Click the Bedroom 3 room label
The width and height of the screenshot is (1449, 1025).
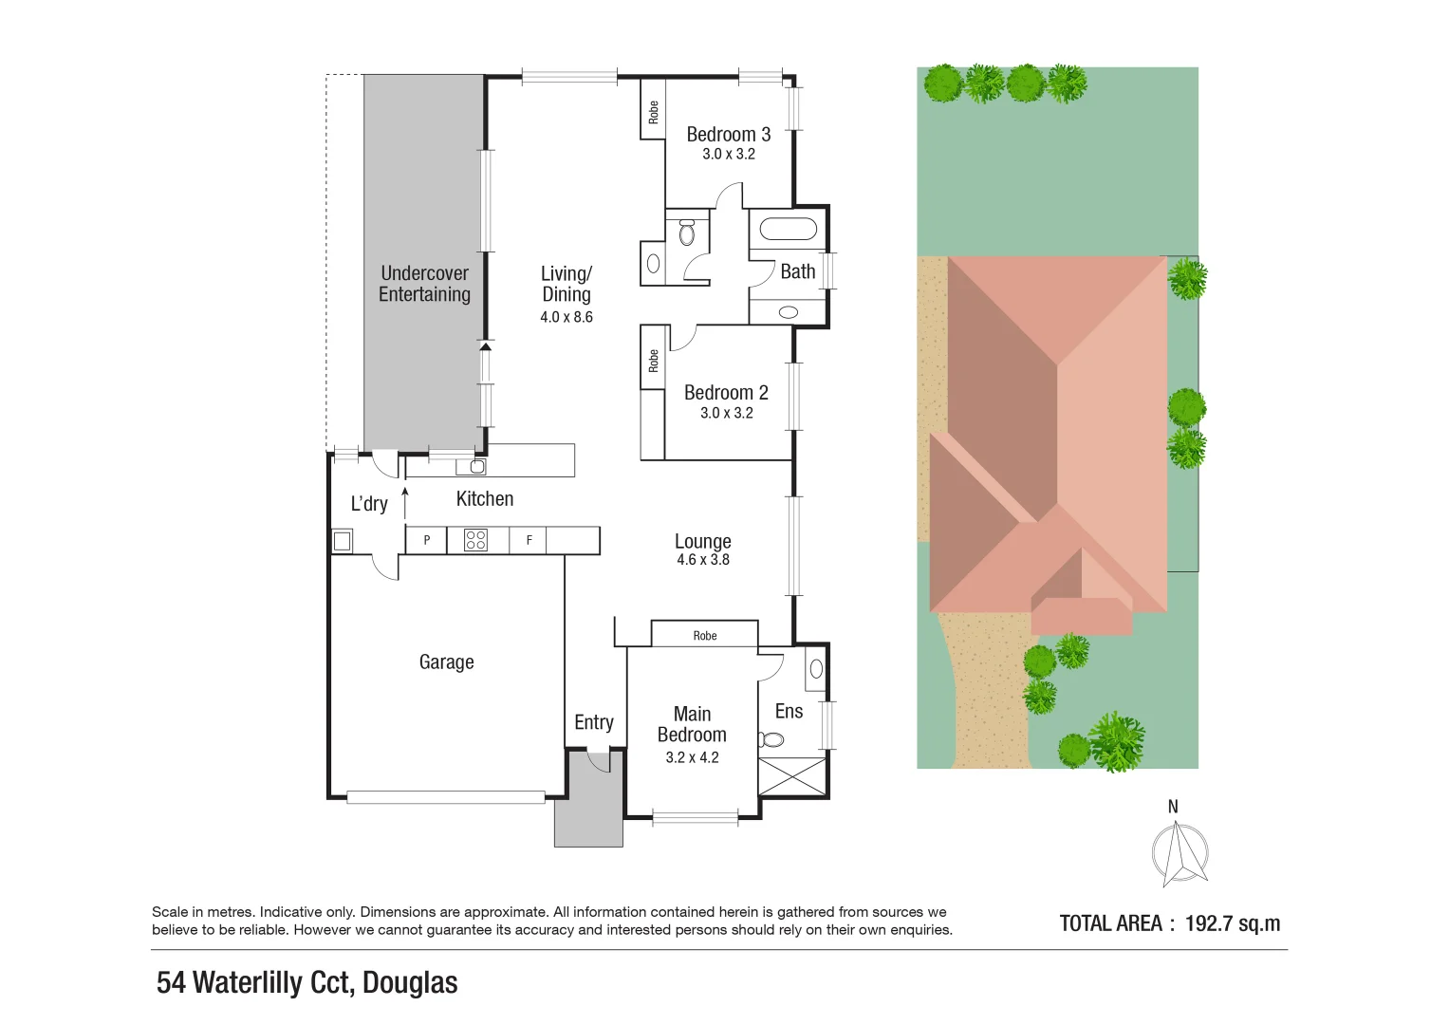[x=728, y=135]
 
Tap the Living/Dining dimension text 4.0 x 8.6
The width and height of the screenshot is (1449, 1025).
[x=567, y=317]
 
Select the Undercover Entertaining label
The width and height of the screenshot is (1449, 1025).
[x=424, y=284]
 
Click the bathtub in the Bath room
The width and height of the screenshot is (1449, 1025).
[x=788, y=230]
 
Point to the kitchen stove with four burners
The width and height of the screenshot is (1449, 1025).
[x=475, y=540]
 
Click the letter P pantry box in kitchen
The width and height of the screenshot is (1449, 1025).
[x=427, y=540]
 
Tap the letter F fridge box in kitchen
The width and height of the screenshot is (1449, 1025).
[x=529, y=540]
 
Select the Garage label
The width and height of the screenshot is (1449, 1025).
[x=446, y=662]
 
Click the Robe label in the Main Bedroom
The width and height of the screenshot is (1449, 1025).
[x=704, y=635]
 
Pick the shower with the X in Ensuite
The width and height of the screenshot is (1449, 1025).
[x=791, y=776]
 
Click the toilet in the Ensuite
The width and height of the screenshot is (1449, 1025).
[x=771, y=739]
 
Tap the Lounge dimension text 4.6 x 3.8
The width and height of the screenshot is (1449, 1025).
[x=703, y=560]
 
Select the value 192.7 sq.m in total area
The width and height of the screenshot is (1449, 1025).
[x=1232, y=923]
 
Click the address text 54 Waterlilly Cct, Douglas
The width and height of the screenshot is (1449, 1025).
[x=307, y=982]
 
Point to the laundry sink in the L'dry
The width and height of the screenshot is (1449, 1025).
[x=342, y=541]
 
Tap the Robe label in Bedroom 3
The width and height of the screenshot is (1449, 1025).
[x=653, y=112]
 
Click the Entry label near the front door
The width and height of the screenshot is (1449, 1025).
[x=594, y=722]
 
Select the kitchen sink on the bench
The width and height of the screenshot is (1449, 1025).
[x=477, y=466]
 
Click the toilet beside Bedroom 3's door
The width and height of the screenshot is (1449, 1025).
[x=687, y=231]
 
